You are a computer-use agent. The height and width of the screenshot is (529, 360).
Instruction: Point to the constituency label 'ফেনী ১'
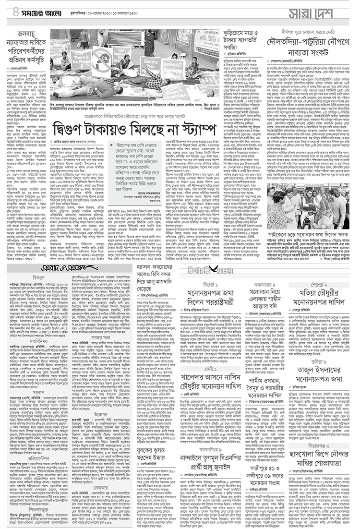click(210, 376)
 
